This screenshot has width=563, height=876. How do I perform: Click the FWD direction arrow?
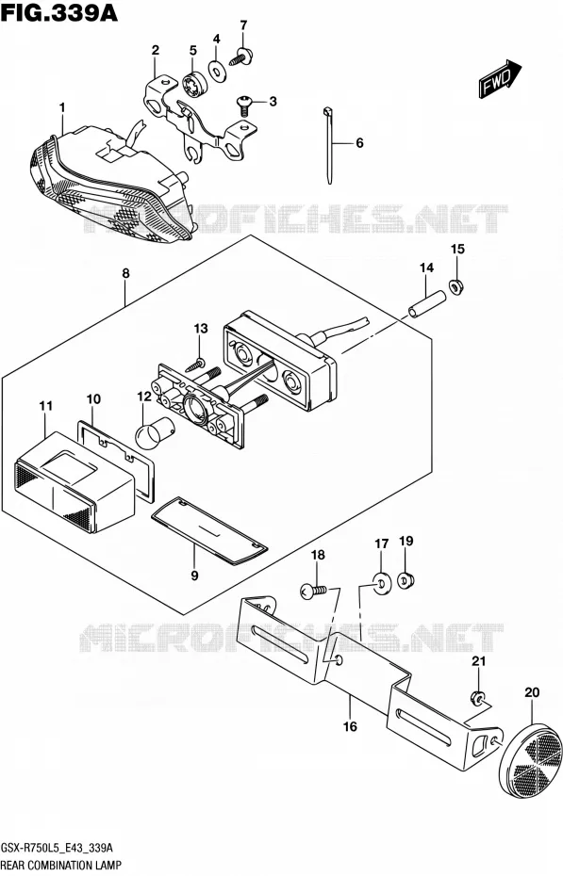[500, 79]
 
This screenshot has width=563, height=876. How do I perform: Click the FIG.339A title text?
[59, 12]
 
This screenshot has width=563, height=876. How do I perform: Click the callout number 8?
[125, 274]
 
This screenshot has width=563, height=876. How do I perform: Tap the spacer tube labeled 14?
[427, 304]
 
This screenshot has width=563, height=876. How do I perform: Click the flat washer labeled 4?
[216, 70]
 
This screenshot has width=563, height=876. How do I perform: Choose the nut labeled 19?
[406, 580]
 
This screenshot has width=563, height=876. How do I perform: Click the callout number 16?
[350, 726]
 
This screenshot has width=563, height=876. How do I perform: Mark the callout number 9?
[194, 575]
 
